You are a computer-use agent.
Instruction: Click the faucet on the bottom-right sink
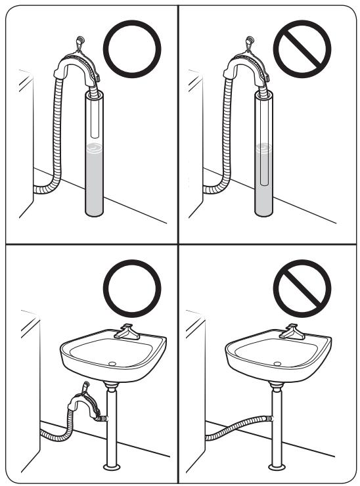coord(292,332)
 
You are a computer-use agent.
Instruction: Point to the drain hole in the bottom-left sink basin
coord(112,362)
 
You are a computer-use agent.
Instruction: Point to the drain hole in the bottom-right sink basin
coord(279,362)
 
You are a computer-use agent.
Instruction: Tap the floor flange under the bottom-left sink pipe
coord(112,467)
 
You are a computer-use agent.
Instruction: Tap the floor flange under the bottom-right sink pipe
coord(279,467)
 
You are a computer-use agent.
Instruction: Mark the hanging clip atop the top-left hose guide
coord(80,43)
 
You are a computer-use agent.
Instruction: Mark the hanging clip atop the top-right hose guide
coord(250,43)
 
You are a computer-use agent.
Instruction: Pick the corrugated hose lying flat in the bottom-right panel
coord(236,428)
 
